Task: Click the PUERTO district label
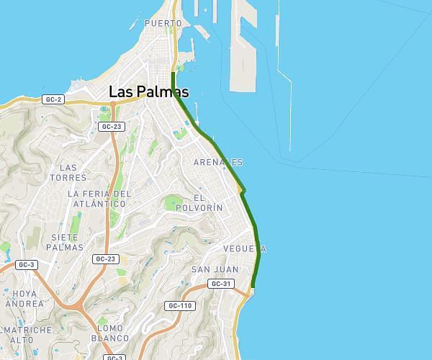tap(163, 23)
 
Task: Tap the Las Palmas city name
tap(148, 91)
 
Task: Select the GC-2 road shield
tap(53, 99)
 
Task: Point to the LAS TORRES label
tap(73, 172)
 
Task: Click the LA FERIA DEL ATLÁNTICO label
tap(99, 199)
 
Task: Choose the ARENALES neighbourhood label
tap(217, 163)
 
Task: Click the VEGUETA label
tap(245, 248)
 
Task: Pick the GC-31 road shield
tap(222, 284)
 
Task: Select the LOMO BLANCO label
tap(113, 333)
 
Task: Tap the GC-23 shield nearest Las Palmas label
tap(112, 127)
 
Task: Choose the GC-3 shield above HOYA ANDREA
tap(27, 265)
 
